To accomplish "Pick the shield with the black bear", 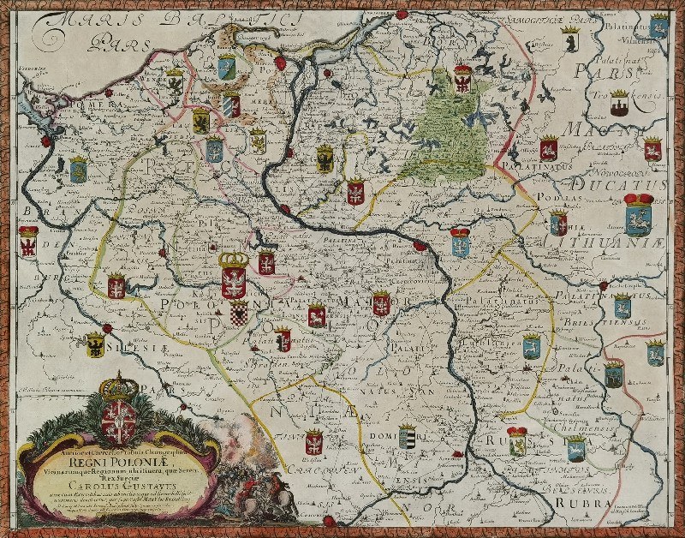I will [x=569, y=40].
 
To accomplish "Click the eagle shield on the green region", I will [x=462, y=79].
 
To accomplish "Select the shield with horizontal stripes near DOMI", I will [x=407, y=437].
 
